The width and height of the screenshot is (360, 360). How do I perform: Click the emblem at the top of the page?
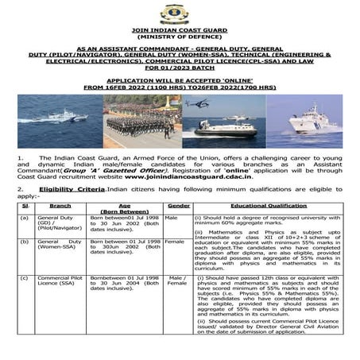pos(179,14)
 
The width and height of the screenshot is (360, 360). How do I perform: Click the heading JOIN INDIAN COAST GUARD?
pos(179,30)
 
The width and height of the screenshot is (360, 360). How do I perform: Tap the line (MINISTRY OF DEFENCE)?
pos(179,37)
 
